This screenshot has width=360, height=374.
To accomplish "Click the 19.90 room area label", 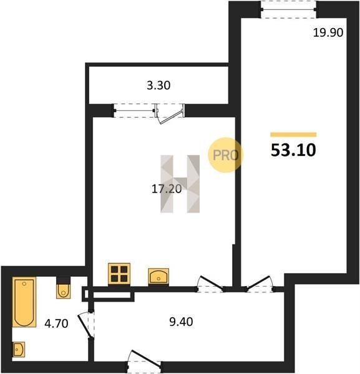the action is tap(328, 32).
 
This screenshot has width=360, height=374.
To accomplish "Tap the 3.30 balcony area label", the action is tap(158, 85).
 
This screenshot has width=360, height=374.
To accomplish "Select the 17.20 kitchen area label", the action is tap(167, 189).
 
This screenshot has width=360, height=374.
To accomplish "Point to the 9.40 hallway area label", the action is tap(181, 322).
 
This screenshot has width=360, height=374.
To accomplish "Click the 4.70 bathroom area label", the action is tap(57, 324).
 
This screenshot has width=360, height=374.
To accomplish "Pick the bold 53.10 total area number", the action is tap(293, 150).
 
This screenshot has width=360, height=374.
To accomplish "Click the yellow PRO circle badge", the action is tap(225, 155).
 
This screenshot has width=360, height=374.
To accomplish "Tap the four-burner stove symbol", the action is tap(119, 274).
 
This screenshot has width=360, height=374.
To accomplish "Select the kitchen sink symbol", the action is tap(158, 276).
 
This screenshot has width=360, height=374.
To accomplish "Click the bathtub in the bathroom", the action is tap(24, 302).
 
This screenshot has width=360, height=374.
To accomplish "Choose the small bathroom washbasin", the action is tap(19, 350).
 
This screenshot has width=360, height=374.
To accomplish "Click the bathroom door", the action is tap(86, 325).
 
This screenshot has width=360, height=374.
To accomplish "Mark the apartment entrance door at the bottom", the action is tap(144, 360).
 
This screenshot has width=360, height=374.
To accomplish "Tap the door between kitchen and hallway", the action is tap(210, 284).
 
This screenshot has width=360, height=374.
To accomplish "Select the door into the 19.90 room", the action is tap(260, 284).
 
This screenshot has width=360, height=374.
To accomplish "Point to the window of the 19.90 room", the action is tap(288, 9).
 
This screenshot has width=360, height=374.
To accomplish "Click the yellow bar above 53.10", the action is tap(293, 135).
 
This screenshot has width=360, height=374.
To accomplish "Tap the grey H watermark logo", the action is tap(180, 184).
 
